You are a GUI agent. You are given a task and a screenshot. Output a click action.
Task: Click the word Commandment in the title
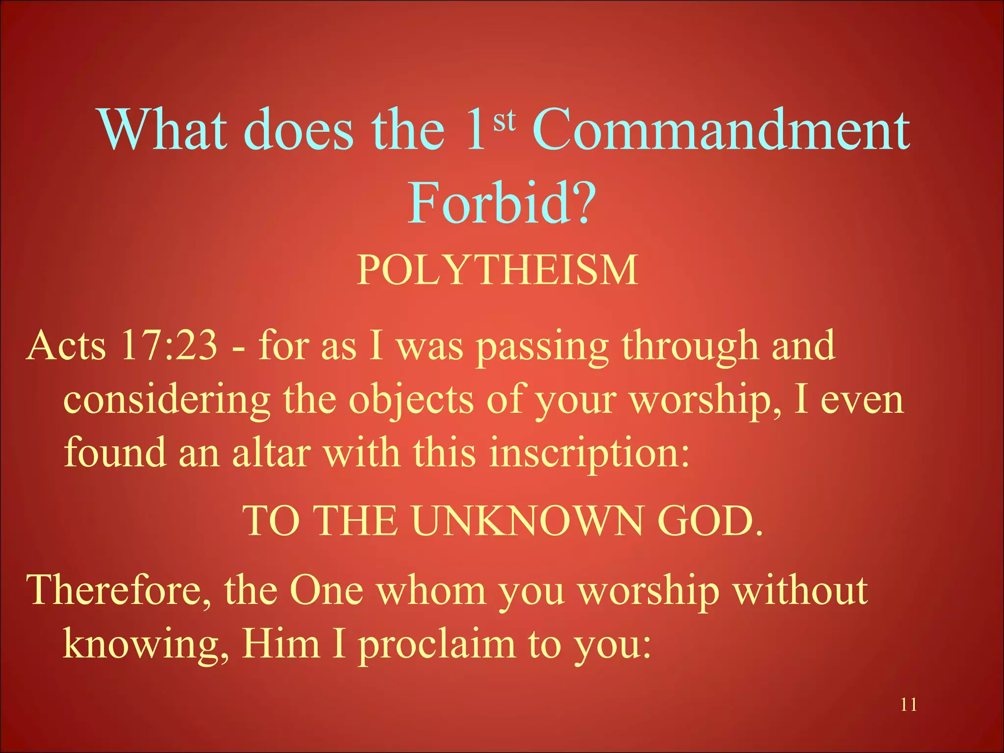pyautogui.click(x=721, y=130)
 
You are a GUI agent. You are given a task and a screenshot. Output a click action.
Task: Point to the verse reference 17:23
pyautogui.click(x=169, y=346)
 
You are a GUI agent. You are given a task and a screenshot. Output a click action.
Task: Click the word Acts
pyautogui.click(x=66, y=346)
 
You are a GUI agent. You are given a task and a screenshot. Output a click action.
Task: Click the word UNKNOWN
pyautogui.click(x=527, y=521)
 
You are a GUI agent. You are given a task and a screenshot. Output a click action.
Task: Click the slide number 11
pyautogui.click(x=908, y=705)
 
